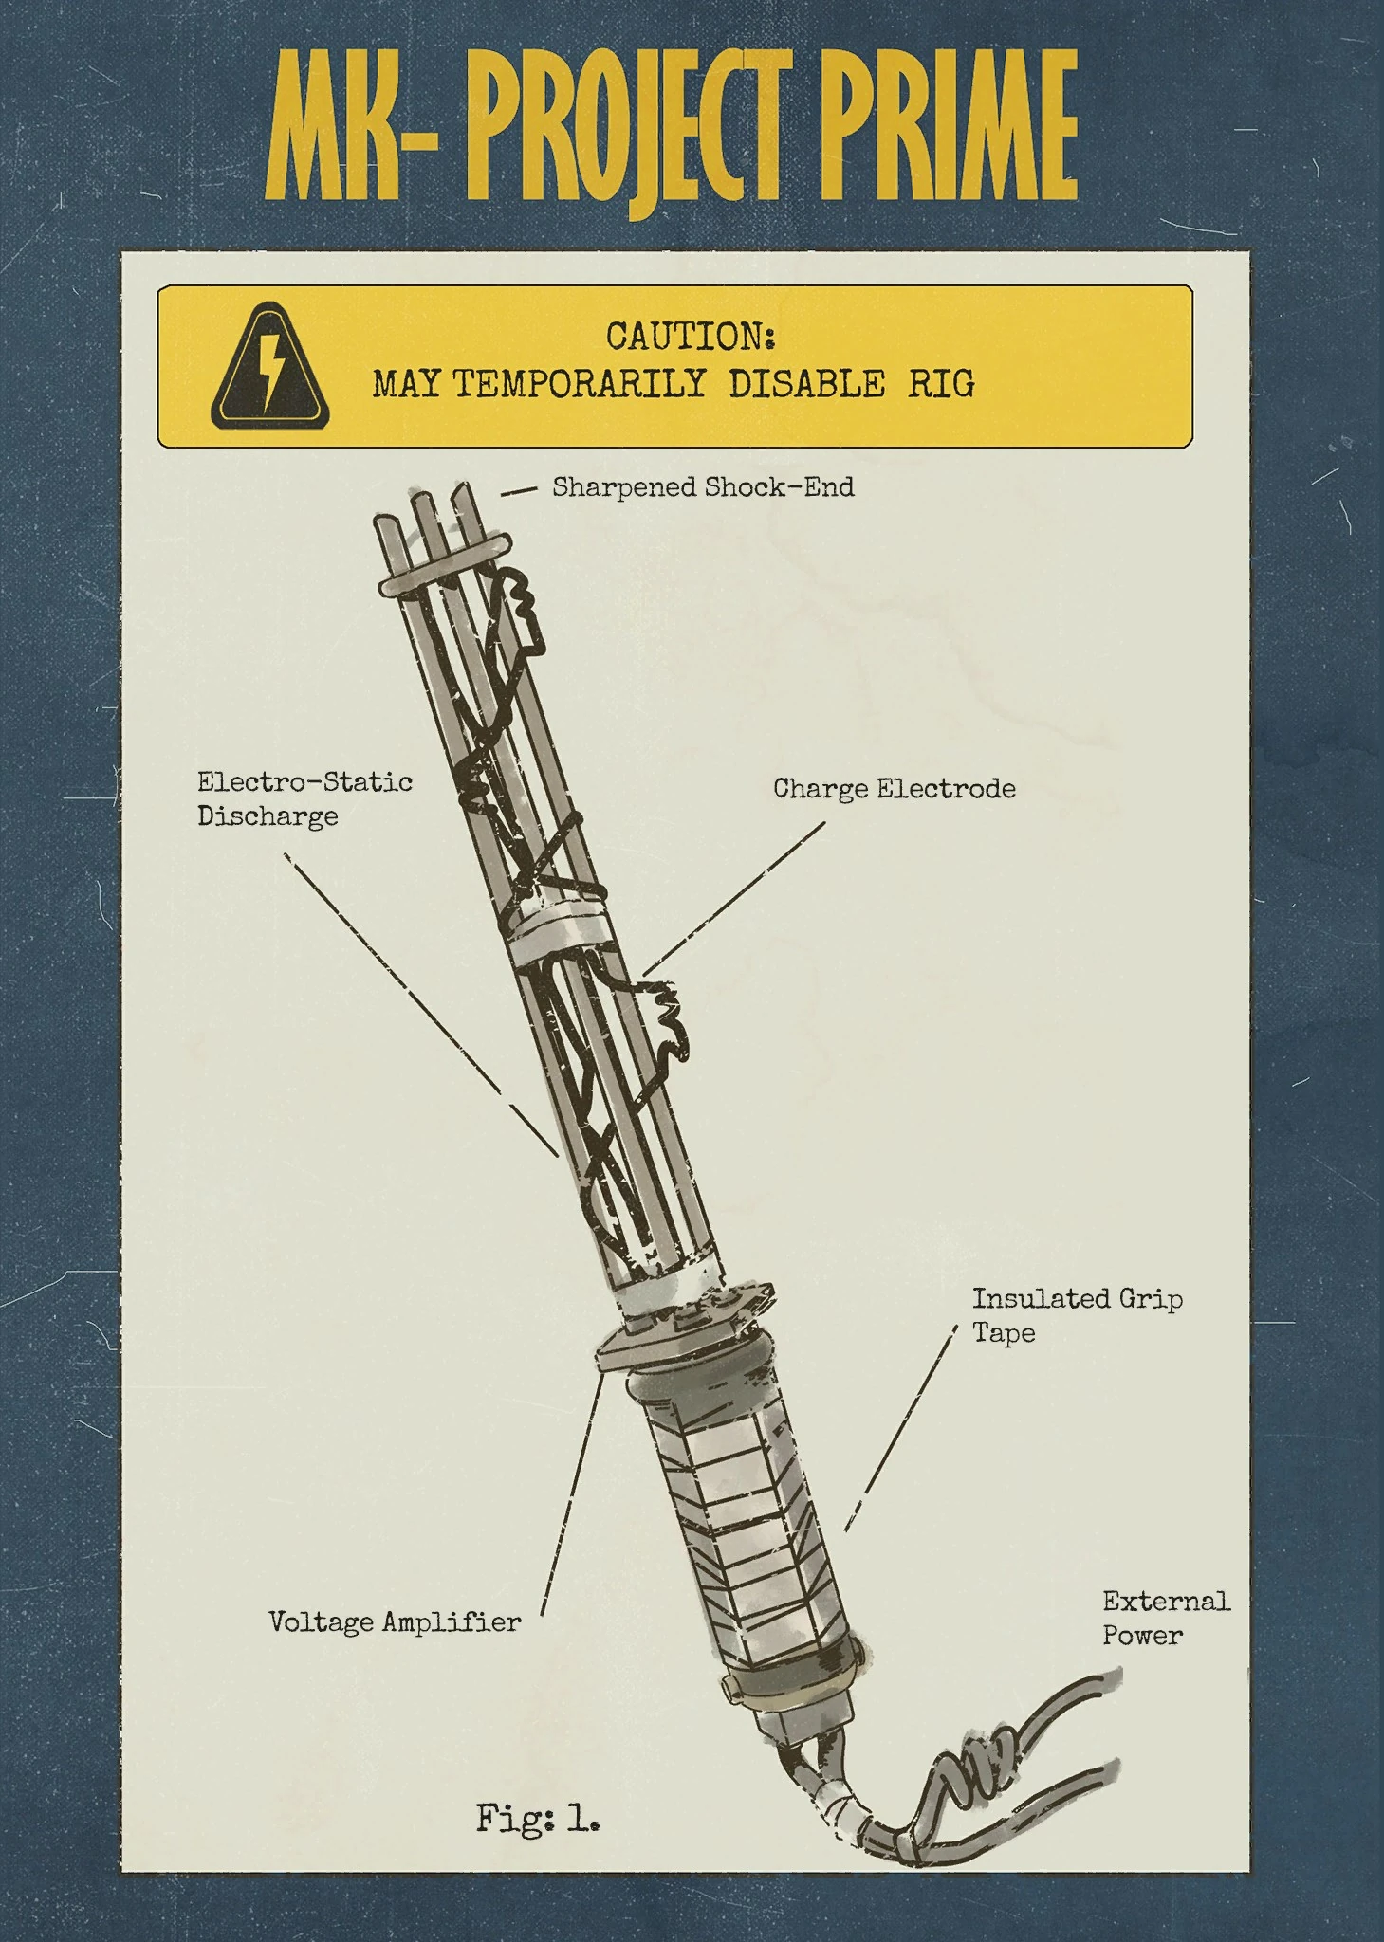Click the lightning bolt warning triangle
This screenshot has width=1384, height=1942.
(x=270, y=366)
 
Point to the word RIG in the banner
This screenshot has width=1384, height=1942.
(x=941, y=384)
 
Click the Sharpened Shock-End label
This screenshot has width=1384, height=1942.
(x=703, y=487)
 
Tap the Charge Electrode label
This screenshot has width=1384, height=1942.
(x=894, y=789)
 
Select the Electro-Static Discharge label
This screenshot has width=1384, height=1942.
(x=304, y=799)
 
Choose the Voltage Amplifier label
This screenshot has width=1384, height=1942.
(x=395, y=1621)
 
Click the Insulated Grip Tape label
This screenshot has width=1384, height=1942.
(x=1077, y=1315)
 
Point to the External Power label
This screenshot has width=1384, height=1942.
(x=1166, y=1618)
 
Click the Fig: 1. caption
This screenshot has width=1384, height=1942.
(x=538, y=1819)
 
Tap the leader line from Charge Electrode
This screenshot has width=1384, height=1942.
(x=733, y=898)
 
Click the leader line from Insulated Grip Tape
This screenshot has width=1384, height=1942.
(x=901, y=1427)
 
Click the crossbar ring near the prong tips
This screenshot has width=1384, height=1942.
(x=446, y=565)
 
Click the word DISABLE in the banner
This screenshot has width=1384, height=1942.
(x=806, y=384)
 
